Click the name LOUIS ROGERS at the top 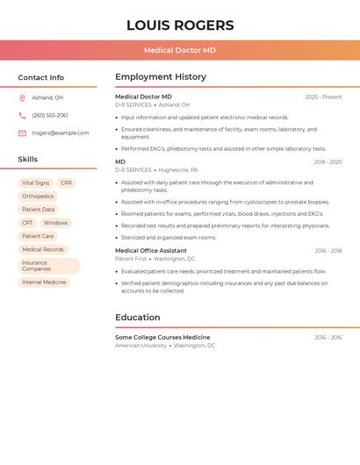click(180, 25)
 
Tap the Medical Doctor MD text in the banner click(180, 51)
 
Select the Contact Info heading click(41, 77)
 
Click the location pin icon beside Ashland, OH click(22, 97)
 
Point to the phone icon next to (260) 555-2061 click(22, 115)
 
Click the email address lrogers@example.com click(61, 132)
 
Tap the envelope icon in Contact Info click(22, 133)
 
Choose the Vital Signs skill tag click(36, 182)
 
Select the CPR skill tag click(67, 182)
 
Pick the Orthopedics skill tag click(38, 196)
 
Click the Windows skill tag click(55, 223)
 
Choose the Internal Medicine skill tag click(44, 283)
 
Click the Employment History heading click(161, 77)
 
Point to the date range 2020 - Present click(323, 97)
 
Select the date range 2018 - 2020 click(328, 162)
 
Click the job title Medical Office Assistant click(151, 251)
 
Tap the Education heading click(138, 318)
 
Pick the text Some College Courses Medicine click(162, 338)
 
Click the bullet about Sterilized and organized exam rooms click(169, 237)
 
